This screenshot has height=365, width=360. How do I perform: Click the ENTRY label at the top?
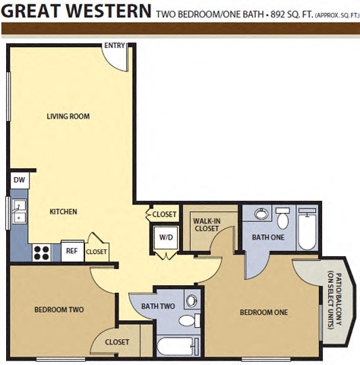coord(114,45)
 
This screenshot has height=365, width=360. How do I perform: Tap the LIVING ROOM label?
coord(68,116)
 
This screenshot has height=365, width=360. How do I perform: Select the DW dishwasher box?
coord(19,180)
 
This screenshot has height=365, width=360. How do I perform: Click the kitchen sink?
coord(19,211)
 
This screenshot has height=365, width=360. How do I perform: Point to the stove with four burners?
coord(43,252)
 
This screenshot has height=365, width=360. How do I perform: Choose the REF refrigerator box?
coord(71,250)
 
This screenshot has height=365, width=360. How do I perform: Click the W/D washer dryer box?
coord(166,236)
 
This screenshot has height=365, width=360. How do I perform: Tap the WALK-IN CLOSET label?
coord(207,224)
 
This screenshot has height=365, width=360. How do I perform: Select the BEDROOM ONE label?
coord(264,312)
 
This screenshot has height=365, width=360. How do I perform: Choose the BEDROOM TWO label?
coord(58,309)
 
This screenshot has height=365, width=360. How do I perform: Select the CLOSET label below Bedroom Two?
coord(117,341)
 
